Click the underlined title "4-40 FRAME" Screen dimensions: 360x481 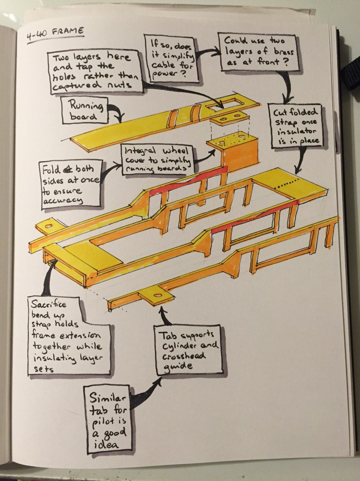(x=56, y=34)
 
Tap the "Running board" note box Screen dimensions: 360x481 (x=85, y=110)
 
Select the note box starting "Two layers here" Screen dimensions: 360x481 (x=96, y=72)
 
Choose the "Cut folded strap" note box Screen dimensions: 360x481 (x=296, y=126)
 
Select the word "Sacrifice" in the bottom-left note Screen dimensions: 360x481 (x=48, y=304)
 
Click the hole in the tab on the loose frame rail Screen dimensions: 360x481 (x=157, y=295)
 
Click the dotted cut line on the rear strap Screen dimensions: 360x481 (x=288, y=183)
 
